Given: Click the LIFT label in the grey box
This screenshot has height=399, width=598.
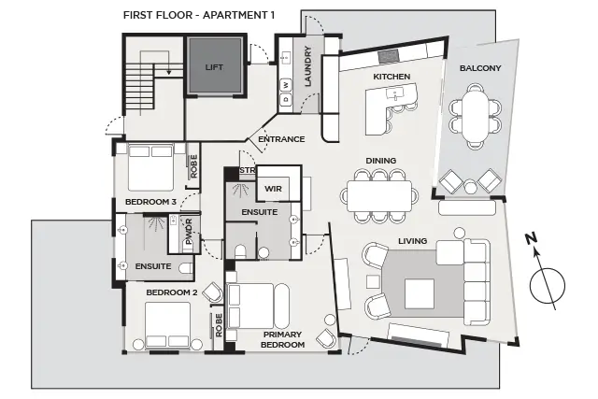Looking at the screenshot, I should (215, 67).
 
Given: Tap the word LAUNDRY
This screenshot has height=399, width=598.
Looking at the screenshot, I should (307, 68).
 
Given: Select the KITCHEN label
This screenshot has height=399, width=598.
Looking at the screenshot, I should (392, 76).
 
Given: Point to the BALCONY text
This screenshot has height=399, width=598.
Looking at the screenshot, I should (480, 68).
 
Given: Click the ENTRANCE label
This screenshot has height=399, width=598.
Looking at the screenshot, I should (281, 139).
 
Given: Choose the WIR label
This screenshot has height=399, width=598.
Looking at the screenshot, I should (273, 189).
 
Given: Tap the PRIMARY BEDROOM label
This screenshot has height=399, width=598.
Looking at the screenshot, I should (283, 339).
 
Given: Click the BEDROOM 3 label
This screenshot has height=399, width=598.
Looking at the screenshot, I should (150, 201).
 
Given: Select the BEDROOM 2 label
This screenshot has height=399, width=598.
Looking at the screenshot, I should (171, 292).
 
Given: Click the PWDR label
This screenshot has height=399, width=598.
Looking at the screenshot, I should (188, 233).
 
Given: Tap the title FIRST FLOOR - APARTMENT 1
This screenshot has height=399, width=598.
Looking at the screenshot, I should (199, 15).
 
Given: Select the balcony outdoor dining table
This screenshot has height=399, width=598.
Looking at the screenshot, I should (477, 111).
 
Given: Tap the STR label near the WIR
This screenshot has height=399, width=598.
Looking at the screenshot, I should (248, 171).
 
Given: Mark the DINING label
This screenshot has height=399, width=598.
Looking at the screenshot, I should (382, 160).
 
